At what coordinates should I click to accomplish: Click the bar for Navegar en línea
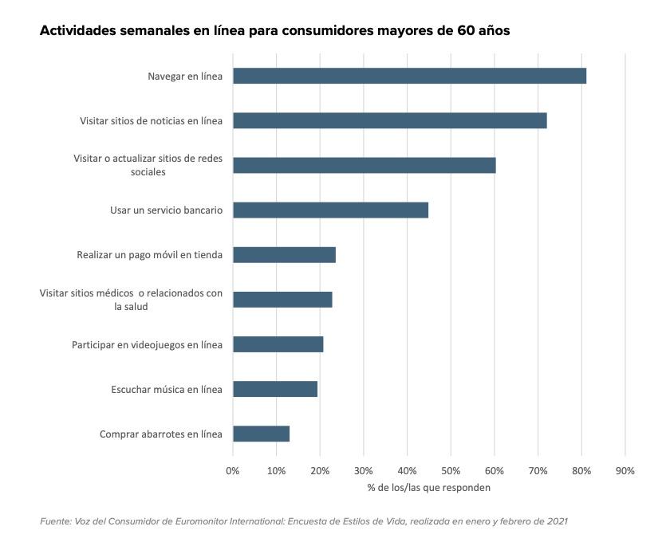409,76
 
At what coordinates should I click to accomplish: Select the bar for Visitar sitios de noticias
389,120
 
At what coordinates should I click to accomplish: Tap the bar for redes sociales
364,165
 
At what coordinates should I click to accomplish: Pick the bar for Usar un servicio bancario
330,210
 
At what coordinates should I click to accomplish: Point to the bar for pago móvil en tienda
284,255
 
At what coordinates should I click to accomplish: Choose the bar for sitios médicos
282,300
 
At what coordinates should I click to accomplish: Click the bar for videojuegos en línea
278,344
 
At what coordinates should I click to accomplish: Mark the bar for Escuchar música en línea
275,389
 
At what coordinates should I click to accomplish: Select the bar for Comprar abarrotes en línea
261,434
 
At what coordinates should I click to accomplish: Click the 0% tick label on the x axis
233,471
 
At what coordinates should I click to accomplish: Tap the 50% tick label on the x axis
451,471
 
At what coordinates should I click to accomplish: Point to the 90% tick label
625,471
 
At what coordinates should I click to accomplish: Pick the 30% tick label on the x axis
364,471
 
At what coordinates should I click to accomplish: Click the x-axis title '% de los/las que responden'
428,487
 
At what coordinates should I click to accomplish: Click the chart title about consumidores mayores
274,31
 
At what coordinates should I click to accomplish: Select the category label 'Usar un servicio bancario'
166,210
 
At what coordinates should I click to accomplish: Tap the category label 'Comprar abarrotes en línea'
160,434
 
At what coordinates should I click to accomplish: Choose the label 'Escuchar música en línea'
166,389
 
